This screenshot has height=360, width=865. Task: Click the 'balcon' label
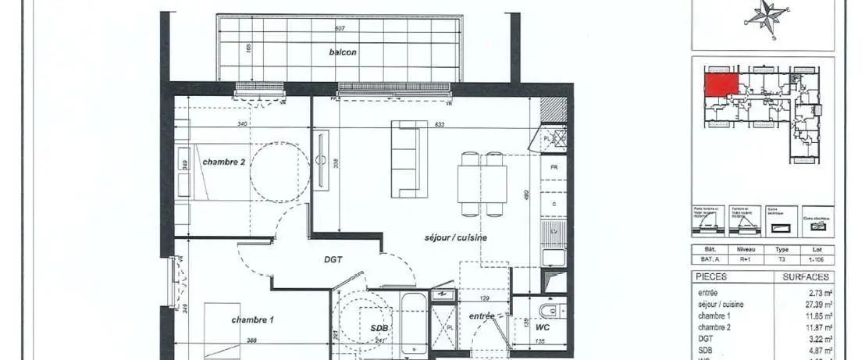343,52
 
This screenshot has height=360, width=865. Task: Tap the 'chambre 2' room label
224,162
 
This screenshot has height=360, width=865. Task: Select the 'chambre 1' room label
252,320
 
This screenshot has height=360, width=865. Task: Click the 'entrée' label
482,316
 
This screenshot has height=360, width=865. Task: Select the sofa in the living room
410,159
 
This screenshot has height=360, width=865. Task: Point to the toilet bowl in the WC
550,312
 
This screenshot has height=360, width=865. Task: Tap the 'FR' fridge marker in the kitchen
554,167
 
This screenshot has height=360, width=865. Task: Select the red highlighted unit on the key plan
721,83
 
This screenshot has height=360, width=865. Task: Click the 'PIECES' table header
710,277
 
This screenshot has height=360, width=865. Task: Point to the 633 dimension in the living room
440,124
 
